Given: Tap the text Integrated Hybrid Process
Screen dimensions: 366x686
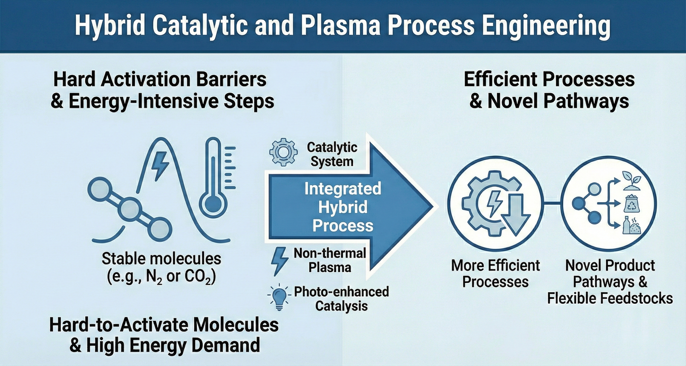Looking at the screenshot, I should tap(343, 207).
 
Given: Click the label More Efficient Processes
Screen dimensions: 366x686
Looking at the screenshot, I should tap(495, 274).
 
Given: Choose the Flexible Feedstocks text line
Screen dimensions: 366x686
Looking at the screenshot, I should tap(610, 298).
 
